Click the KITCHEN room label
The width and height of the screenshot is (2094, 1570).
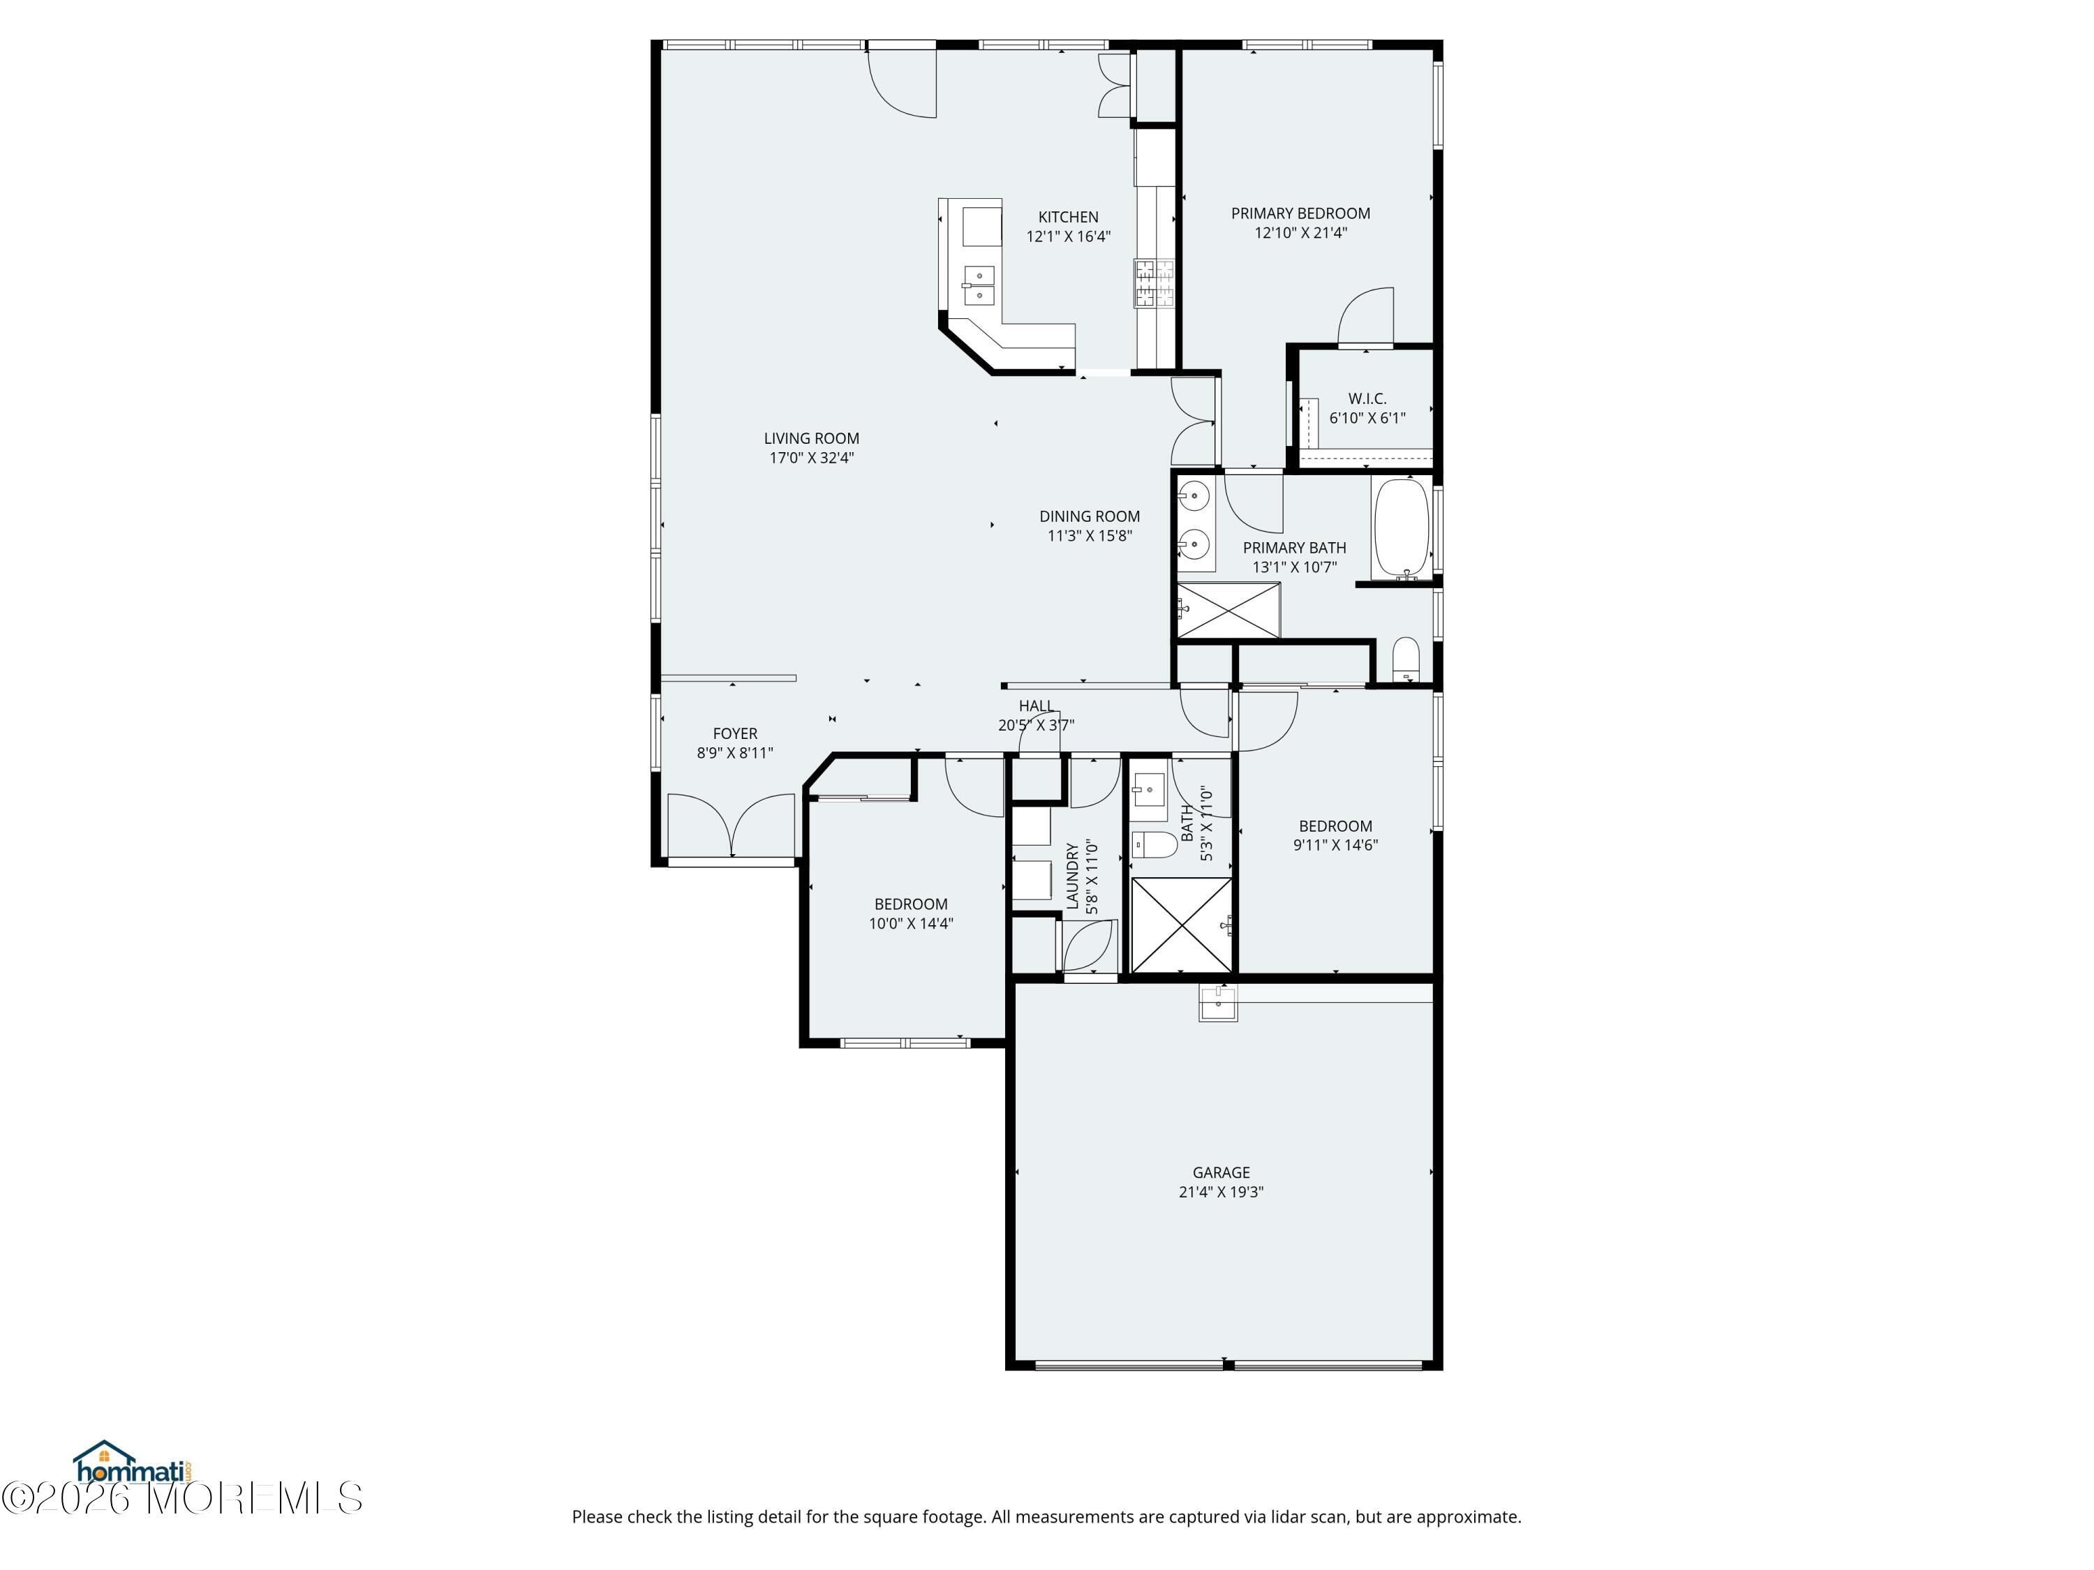coord(1068,217)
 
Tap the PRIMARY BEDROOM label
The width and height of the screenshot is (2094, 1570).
coord(1300,213)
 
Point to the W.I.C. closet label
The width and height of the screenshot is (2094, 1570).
coord(1367,398)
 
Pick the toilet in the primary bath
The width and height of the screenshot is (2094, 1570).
coord(1406,659)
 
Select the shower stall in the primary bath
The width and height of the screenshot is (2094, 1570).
coord(1228,611)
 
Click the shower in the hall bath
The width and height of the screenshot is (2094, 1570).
coord(1182,925)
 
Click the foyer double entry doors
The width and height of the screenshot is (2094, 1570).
coord(731,827)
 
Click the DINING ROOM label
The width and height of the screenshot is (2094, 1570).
coord(1090,516)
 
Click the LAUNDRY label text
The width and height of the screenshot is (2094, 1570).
coord(1073,876)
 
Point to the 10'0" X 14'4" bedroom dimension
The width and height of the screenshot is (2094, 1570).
coord(911,924)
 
